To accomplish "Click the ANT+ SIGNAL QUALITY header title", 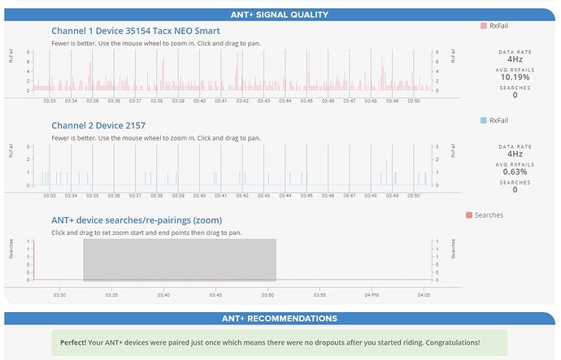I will (x=280, y=14).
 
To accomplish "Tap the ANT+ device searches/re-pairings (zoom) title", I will (x=137, y=220).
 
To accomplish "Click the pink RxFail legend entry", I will (x=495, y=27).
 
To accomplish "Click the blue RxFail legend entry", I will (x=495, y=120).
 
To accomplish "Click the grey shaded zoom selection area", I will (x=180, y=260).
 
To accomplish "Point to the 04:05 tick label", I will (x=423, y=294).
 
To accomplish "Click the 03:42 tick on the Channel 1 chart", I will (x=242, y=102).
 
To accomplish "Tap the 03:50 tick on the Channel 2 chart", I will (x=413, y=196).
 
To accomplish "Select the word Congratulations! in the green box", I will (x=449, y=342).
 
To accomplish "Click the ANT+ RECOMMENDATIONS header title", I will (x=280, y=318).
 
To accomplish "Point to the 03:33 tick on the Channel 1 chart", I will (x=50, y=102).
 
